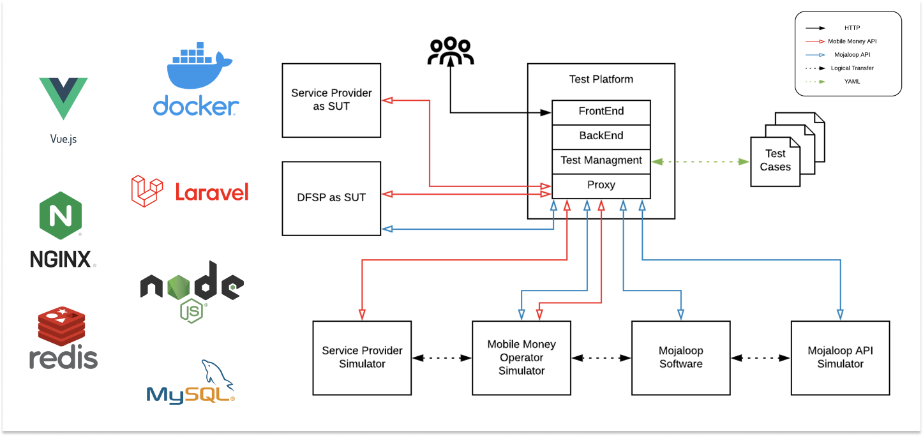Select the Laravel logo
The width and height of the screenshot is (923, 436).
190,192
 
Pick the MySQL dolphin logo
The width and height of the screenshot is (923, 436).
191,382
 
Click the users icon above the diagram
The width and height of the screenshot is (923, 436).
451,52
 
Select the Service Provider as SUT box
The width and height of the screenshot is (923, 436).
331,100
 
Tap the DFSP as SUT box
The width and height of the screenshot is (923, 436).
331,198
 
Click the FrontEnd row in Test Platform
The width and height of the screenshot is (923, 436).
601,112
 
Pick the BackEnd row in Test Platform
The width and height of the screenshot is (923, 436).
601,136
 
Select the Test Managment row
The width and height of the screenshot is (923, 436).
601,161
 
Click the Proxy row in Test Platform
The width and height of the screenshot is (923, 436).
601,185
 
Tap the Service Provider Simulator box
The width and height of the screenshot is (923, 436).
362,357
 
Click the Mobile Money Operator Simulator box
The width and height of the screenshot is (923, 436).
521,357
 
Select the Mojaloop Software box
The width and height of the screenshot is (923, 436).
680,357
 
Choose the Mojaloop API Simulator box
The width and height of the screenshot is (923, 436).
840,357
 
